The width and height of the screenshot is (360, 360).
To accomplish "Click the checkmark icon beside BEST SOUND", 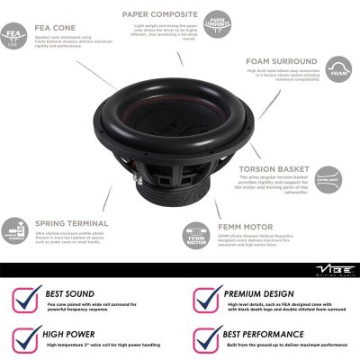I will pyautogui.click(x=30, y=298).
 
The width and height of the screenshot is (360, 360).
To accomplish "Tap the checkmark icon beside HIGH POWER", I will pyautogui.click(x=30, y=339).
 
